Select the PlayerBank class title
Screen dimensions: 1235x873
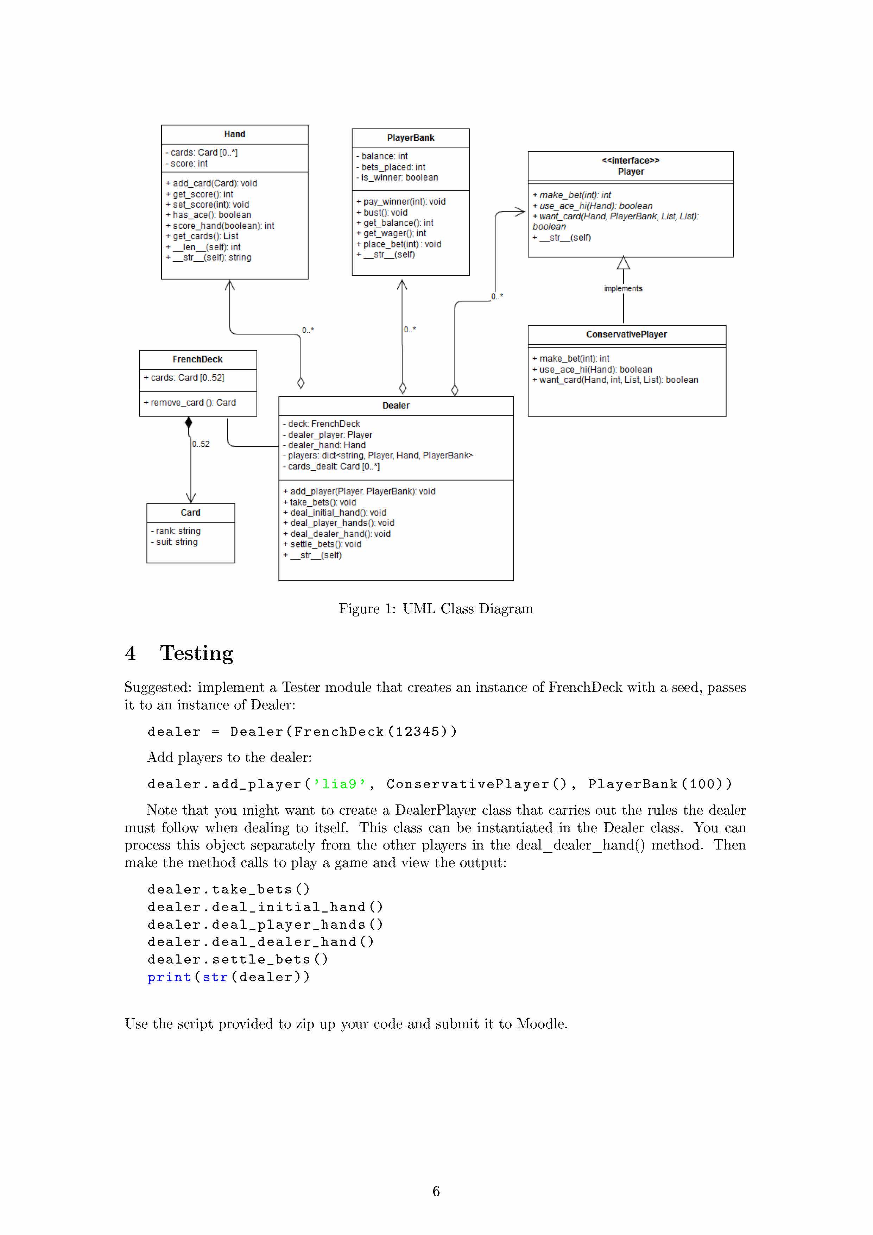(x=410, y=138)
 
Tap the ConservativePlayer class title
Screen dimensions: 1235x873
(x=626, y=334)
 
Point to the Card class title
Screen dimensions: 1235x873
(x=190, y=513)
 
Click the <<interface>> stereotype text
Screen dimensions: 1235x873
(x=631, y=160)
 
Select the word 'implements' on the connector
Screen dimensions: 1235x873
(x=623, y=289)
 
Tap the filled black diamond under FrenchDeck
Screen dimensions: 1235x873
(x=189, y=423)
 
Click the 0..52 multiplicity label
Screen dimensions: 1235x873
(x=201, y=444)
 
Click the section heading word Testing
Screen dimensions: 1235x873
(x=196, y=653)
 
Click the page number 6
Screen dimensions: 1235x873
(x=436, y=1191)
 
